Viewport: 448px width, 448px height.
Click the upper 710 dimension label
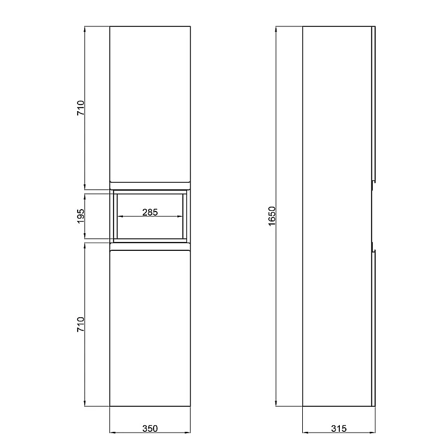pyautogui.click(x=81, y=108)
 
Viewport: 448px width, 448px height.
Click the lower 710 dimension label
pyautogui.click(x=81, y=324)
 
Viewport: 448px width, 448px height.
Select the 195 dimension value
pyautogui.click(x=81, y=216)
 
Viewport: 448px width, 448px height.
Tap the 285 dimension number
pyautogui.click(x=150, y=212)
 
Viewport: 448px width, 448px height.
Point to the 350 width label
pyautogui.click(x=150, y=428)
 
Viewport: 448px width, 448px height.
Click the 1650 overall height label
pyautogui.click(x=272, y=216)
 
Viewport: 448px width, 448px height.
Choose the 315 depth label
pyautogui.click(x=339, y=428)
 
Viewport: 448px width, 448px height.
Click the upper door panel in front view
pyautogui.click(x=150, y=104)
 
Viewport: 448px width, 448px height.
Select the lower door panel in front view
pyautogui.click(x=150, y=329)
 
